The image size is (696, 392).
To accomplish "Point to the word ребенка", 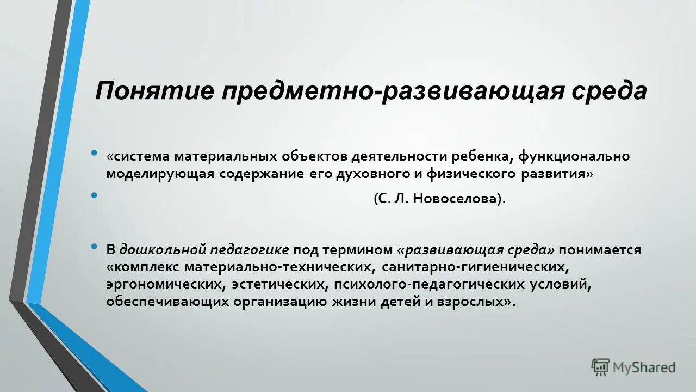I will coord(482,157).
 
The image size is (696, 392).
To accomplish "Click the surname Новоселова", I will coord(455,199).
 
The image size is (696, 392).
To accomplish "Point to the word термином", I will coord(357,250).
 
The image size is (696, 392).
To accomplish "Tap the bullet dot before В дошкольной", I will coord(95,248).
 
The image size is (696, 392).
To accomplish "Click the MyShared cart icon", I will coord(600,367).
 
